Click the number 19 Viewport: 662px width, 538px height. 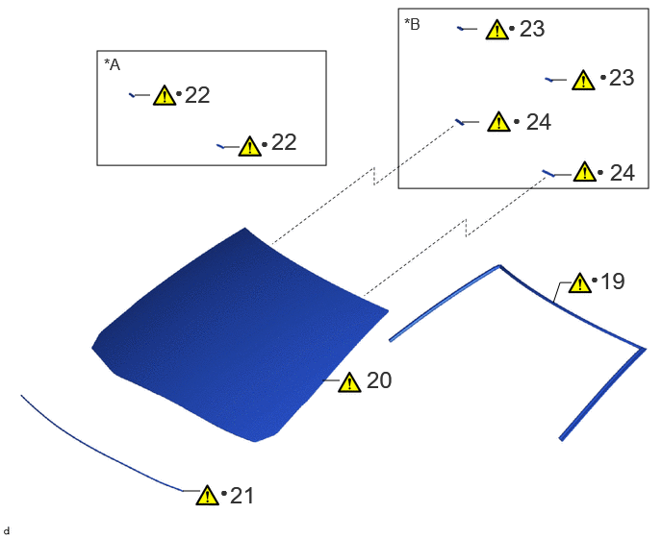(612, 281)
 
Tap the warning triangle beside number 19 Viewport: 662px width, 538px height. (580, 282)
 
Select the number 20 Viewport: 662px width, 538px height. (379, 380)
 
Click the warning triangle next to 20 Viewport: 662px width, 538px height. (349, 382)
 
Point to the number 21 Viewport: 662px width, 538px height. (242, 496)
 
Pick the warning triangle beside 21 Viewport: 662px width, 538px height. (207, 495)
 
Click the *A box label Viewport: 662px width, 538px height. (113, 65)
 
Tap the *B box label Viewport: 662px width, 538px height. (413, 24)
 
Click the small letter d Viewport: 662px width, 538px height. (7, 531)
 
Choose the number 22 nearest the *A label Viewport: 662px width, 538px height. (197, 95)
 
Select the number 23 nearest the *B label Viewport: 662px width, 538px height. (532, 29)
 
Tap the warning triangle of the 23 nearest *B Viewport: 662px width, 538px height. (496, 30)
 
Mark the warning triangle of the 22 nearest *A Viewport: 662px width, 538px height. (165, 95)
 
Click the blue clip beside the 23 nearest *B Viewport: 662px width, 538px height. (461, 29)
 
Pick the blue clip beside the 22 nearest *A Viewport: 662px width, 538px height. (132, 95)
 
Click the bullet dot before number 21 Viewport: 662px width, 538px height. (224, 493)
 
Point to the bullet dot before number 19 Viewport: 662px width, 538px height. (595, 280)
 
